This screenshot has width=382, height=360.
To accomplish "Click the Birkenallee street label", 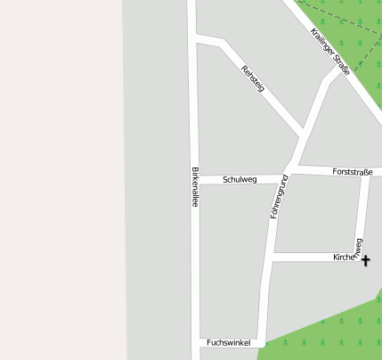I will [x=194, y=187].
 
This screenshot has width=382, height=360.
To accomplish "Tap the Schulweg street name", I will [x=240, y=179].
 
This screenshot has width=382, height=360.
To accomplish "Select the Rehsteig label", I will [x=253, y=78].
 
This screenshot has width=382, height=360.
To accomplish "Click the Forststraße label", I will [x=352, y=171].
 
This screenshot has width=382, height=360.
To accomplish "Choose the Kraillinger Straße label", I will [x=330, y=50].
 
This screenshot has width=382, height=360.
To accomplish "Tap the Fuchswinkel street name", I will [x=224, y=342].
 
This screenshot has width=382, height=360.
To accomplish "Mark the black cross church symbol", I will [x=365, y=260].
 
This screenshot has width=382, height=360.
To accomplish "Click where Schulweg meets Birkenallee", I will [x=194, y=180].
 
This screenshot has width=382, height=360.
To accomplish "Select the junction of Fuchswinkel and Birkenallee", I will [x=195, y=342].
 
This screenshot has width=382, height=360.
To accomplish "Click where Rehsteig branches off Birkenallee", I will [x=194, y=38].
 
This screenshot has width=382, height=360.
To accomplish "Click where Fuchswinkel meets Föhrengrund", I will [x=263, y=341].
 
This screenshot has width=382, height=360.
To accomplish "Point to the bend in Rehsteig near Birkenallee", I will [x=219, y=41].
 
